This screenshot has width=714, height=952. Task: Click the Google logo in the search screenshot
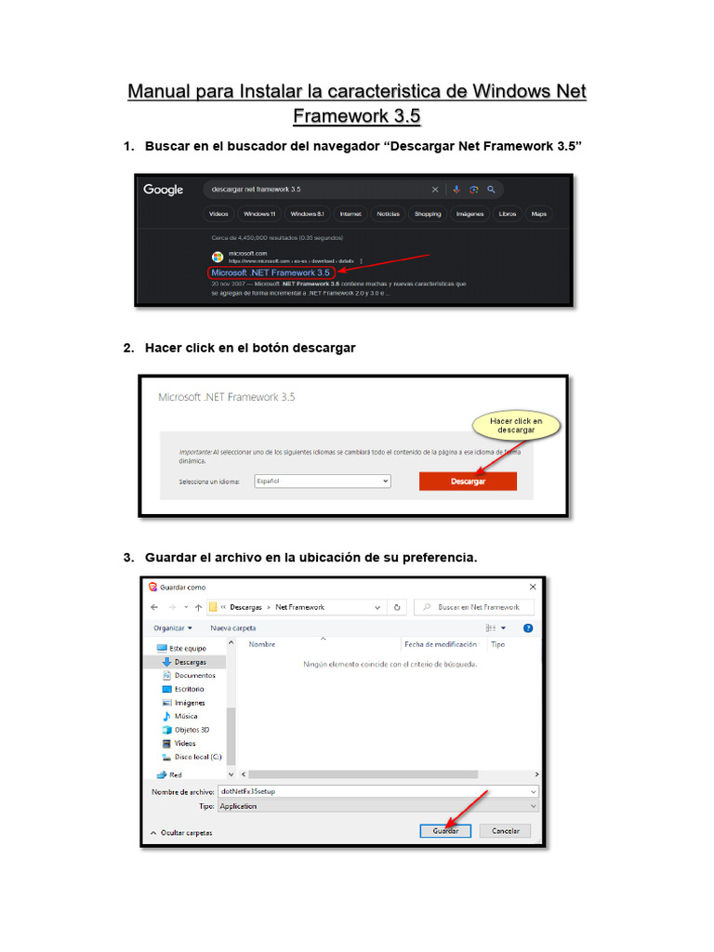tap(163, 190)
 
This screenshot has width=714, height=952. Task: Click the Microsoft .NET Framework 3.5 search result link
tap(271, 272)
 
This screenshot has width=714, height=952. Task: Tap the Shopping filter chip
tap(428, 214)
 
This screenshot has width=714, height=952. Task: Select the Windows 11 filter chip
tap(259, 214)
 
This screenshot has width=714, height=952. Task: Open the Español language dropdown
tap(322, 481)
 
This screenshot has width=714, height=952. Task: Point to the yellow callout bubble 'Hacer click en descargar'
tap(515, 426)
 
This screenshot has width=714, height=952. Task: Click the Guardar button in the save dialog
tap(445, 830)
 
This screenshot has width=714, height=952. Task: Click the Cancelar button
tap(505, 830)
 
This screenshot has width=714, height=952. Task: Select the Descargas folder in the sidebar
tap(190, 661)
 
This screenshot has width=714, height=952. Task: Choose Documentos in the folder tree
tap(194, 675)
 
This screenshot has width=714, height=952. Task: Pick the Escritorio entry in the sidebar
tap(189, 689)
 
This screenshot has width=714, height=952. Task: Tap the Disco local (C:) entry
tap(197, 757)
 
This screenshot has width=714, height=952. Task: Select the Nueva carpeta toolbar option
tap(232, 628)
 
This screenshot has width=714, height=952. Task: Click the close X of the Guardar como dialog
tap(533, 587)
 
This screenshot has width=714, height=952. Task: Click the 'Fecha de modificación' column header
tap(441, 644)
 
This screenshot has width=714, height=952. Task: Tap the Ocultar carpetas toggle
tap(185, 832)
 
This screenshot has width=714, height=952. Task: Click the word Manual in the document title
tap(160, 92)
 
